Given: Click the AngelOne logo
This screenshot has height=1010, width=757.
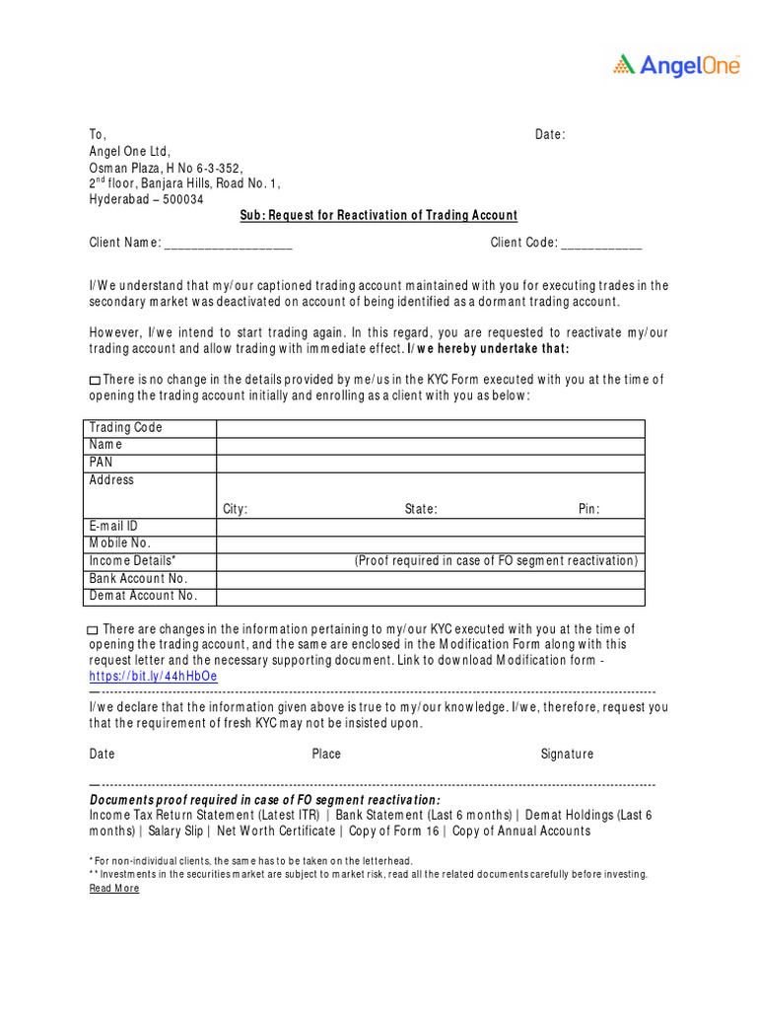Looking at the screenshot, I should (x=676, y=65).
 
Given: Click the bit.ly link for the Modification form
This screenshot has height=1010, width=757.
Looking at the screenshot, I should (x=153, y=677).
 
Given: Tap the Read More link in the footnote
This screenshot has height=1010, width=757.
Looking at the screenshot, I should (x=114, y=889).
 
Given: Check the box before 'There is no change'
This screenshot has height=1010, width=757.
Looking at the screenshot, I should (x=95, y=381).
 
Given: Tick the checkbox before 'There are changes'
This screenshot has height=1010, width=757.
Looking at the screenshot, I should (x=93, y=630).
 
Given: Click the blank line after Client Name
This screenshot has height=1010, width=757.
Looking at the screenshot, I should (x=228, y=245).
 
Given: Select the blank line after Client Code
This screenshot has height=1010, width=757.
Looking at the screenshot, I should (x=602, y=245).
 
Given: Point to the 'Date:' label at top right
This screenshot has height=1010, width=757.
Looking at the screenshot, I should (x=550, y=134).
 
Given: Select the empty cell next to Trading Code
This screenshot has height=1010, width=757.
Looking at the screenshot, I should (x=431, y=428).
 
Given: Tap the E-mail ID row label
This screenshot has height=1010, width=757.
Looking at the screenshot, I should (x=113, y=527).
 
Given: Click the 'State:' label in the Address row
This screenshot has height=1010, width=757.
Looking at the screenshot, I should (x=421, y=510).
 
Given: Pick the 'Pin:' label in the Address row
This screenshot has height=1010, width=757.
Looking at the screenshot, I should (x=588, y=510).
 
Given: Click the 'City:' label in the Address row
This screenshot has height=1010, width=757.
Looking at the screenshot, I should (x=235, y=510).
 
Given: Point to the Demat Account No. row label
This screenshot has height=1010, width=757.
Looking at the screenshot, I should (x=143, y=596).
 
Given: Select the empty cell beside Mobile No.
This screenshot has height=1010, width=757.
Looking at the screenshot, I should (x=431, y=543).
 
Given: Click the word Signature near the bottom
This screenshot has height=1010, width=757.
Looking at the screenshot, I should (x=567, y=755).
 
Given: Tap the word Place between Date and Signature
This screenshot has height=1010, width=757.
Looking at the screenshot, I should (x=326, y=755).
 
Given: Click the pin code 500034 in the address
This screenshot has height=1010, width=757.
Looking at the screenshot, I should (x=183, y=199).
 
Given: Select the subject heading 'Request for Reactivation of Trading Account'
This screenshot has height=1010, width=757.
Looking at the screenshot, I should (x=378, y=216).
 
